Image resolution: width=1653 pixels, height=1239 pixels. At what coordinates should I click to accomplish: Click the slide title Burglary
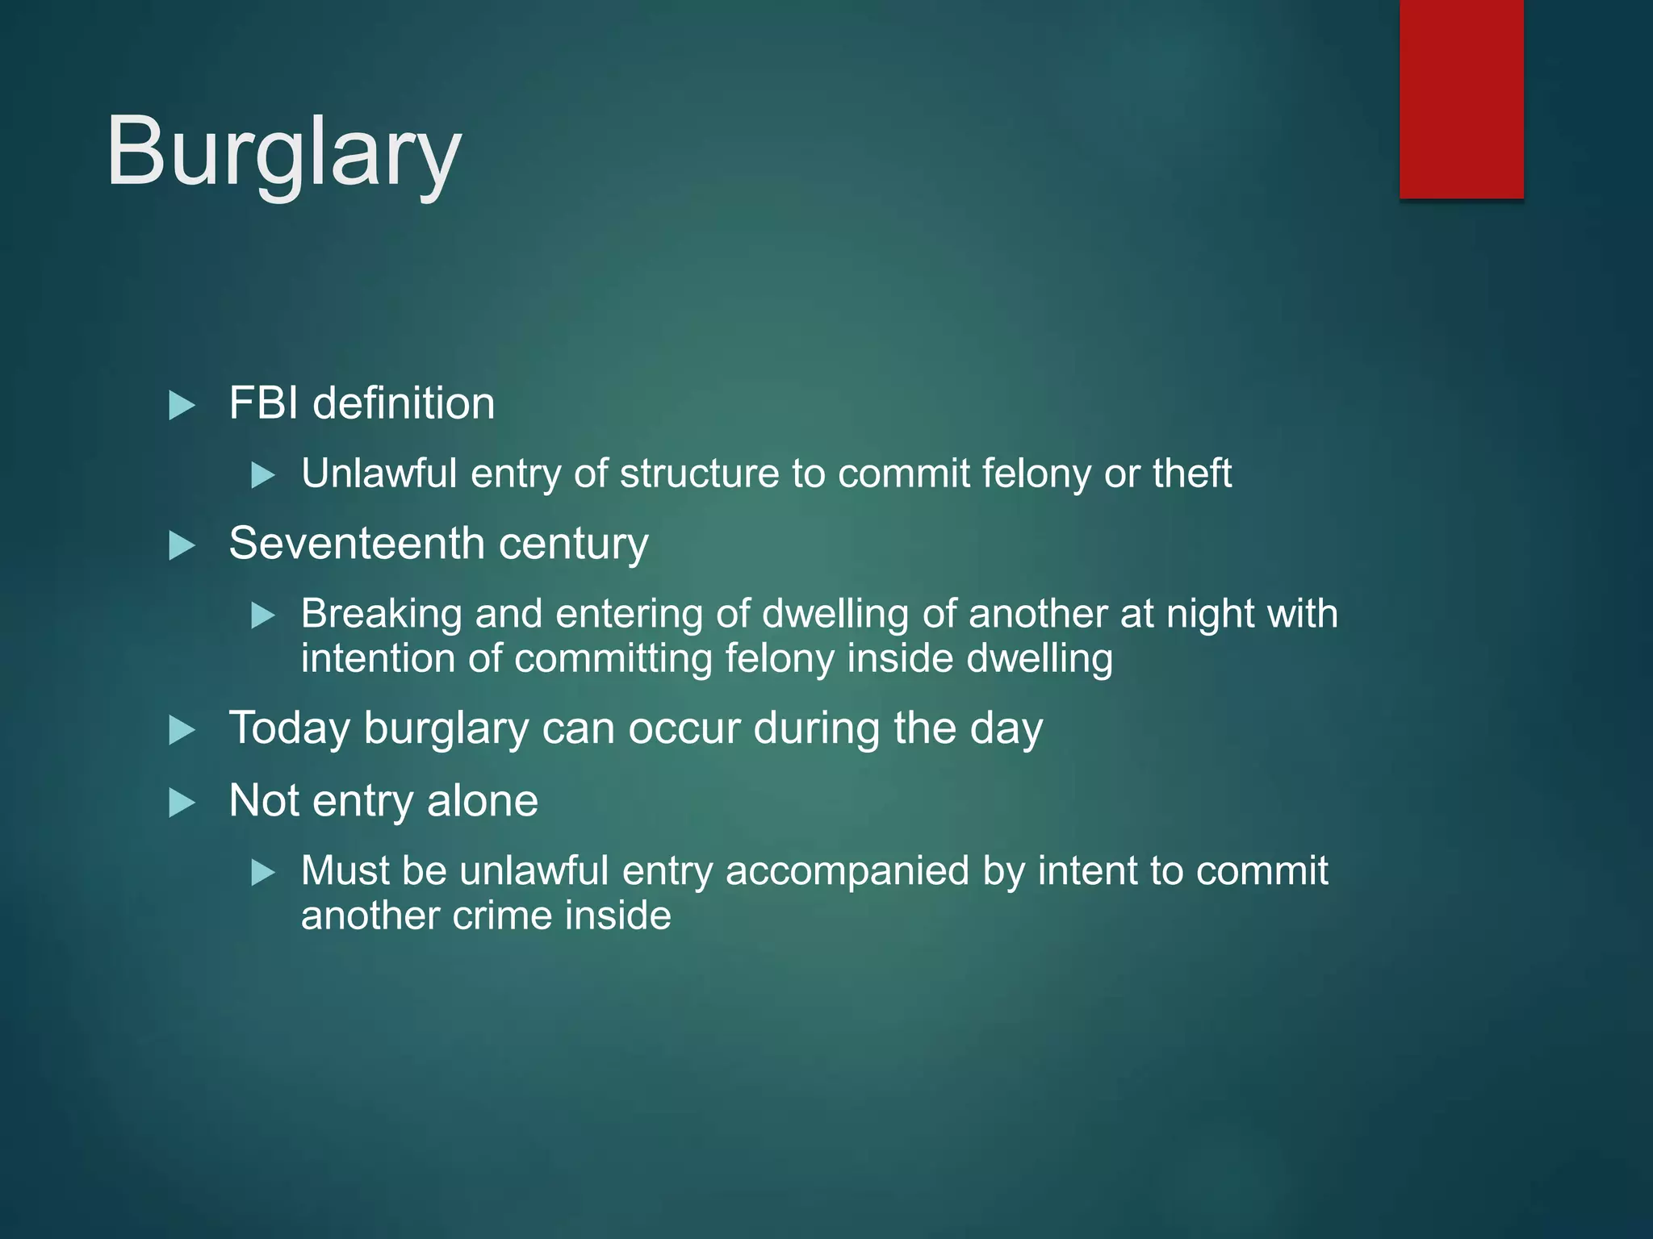tap(283, 152)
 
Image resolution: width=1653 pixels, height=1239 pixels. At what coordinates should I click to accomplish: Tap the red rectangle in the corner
tap(1461, 98)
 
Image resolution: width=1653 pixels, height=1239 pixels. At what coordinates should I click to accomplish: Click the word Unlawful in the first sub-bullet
tap(379, 473)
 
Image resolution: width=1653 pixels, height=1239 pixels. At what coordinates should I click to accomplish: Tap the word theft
tap(1191, 473)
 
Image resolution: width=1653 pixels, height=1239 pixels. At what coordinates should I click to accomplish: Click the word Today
tap(289, 728)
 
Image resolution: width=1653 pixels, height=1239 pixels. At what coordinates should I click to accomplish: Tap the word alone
tap(482, 800)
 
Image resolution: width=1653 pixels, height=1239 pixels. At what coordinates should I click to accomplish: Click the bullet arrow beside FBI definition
tap(182, 405)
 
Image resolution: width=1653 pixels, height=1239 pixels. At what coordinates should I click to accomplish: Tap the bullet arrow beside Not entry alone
tap(182, 803)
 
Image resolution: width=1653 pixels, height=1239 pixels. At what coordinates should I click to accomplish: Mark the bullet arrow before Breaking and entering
tap(263, 615)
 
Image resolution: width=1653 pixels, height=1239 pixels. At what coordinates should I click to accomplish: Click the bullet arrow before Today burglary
tap(182, 730)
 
